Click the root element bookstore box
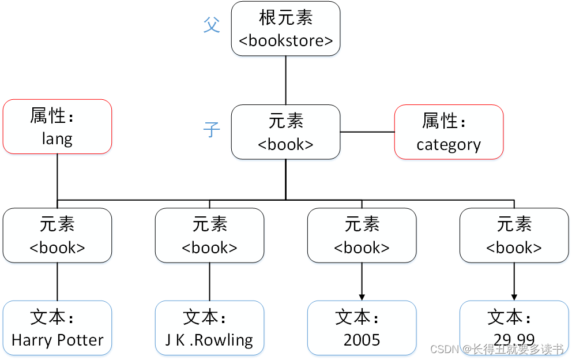(285, 29)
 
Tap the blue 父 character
(212, 25)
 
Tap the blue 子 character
(212, 130)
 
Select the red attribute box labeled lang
(57, 126)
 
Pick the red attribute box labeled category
(449, 132)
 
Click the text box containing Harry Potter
(57, 328)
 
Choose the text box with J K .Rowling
(209, 328)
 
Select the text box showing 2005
(362, 328)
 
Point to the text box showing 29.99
(514, 328)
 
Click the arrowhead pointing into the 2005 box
(362, 297)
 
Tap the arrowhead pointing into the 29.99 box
(514, 297)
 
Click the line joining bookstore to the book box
(285, 80)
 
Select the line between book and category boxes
(367, 132)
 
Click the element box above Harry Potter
(57, 235)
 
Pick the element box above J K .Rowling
(209, 235)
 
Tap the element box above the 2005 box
(362, 235)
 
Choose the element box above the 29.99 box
(514, 235)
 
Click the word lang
(57, 138)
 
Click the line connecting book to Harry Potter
(57, 282)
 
